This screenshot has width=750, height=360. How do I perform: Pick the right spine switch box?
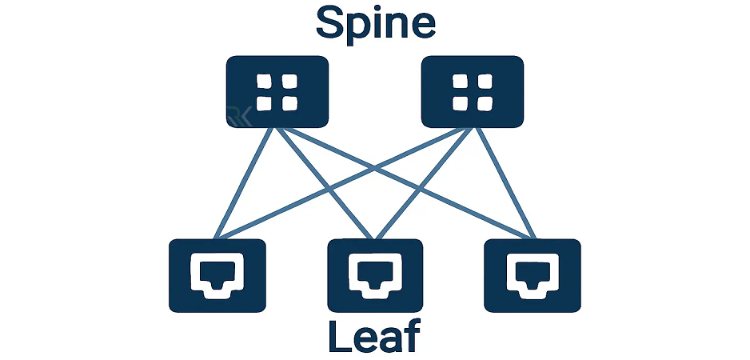(473, 91)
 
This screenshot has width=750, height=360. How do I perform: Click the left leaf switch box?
(217, 275)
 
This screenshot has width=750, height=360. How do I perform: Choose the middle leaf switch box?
(375, 275)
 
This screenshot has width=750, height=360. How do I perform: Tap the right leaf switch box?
(533, 275)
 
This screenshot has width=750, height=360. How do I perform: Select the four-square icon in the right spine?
(473, 92)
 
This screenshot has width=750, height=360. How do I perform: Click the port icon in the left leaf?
(217, 274)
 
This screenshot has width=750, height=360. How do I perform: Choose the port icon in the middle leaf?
(375, 274)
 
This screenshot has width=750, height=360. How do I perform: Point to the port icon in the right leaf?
(533, 274)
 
